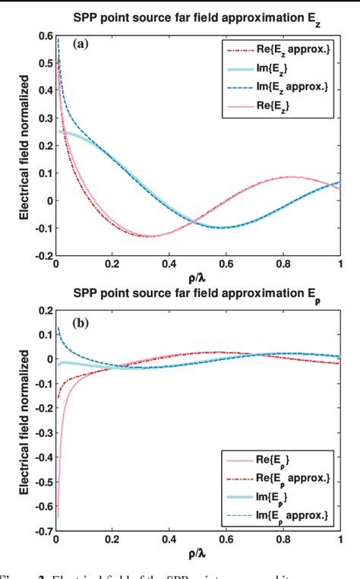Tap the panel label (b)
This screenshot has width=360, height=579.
[x=81, y=322]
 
